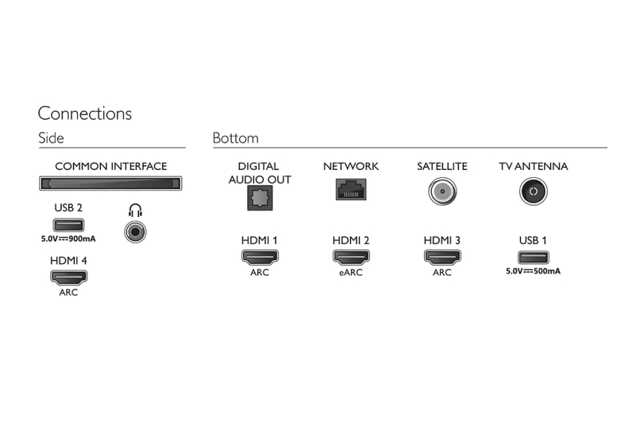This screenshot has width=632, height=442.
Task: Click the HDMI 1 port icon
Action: click(x=259, y=256)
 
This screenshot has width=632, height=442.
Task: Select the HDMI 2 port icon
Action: click(x=350, y=256)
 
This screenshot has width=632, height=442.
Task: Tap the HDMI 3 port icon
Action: click(x=442, y=256)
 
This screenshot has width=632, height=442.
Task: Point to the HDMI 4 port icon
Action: click(x=69, y=277)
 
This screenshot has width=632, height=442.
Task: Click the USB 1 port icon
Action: click(x=533, y=256)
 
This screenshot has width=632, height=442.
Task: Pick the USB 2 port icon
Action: click(x=69, y=225)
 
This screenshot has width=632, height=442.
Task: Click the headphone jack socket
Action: click(x=136, y=230)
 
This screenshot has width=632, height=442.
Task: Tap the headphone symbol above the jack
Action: click(x=136, y=209)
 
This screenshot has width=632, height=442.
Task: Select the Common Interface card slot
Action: click(x=110, y=184)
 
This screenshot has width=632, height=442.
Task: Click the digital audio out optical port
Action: click(x=259, y=198)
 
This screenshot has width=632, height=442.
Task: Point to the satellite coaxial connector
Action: click(x=442, y=191)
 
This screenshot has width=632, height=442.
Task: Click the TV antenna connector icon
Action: click(x=533, y=191)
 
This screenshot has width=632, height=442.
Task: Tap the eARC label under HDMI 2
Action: click(x=350, y=273)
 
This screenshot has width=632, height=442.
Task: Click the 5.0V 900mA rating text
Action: click(x=69, y=239)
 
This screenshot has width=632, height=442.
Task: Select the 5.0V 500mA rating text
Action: click(x=533, y=271)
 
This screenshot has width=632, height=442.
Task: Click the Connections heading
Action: click(x=84, y=113)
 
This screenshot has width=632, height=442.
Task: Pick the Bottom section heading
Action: click(x=235, y=138)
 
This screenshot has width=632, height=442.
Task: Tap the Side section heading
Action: click(x=51, y=138)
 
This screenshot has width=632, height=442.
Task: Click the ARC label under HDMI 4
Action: click(x=69, y=292)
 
